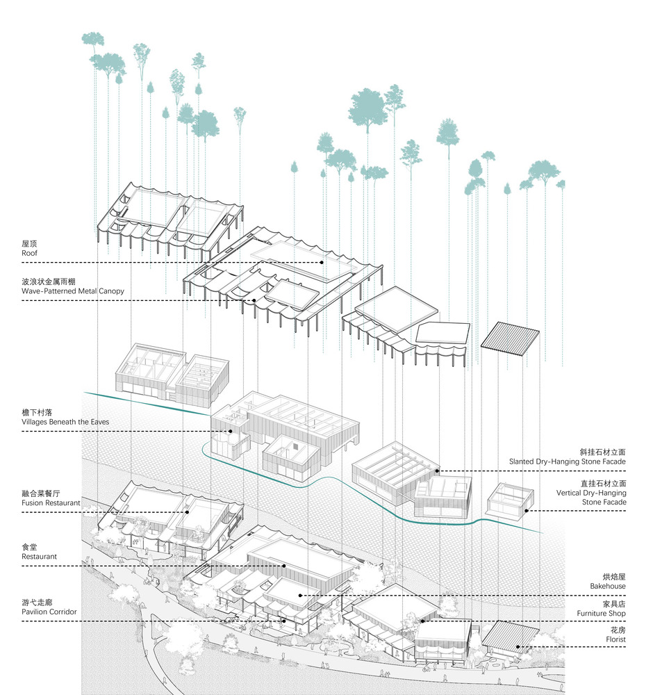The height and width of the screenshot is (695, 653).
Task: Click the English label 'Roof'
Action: pos(30,254)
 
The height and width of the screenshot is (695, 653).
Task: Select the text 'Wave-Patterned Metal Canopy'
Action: pos(73,291)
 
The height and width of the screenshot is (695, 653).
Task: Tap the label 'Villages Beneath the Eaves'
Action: pos(65,422)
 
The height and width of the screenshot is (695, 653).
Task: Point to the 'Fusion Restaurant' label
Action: pos(51,502)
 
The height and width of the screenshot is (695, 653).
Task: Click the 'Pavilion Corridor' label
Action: pos(49,612)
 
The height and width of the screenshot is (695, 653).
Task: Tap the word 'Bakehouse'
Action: pos(609,586)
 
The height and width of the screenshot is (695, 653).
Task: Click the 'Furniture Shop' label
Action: pos(601,614)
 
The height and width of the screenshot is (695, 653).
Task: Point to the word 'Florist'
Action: pos(615,639)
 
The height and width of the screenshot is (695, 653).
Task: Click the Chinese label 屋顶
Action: pos(30,244)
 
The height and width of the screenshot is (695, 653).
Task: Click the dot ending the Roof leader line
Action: pos(322,263)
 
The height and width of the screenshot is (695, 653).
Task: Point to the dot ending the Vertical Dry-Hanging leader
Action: pos(526,511)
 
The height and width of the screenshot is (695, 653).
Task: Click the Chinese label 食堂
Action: pos(30,547)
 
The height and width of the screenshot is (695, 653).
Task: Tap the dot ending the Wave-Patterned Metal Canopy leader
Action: pos(254,300)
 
